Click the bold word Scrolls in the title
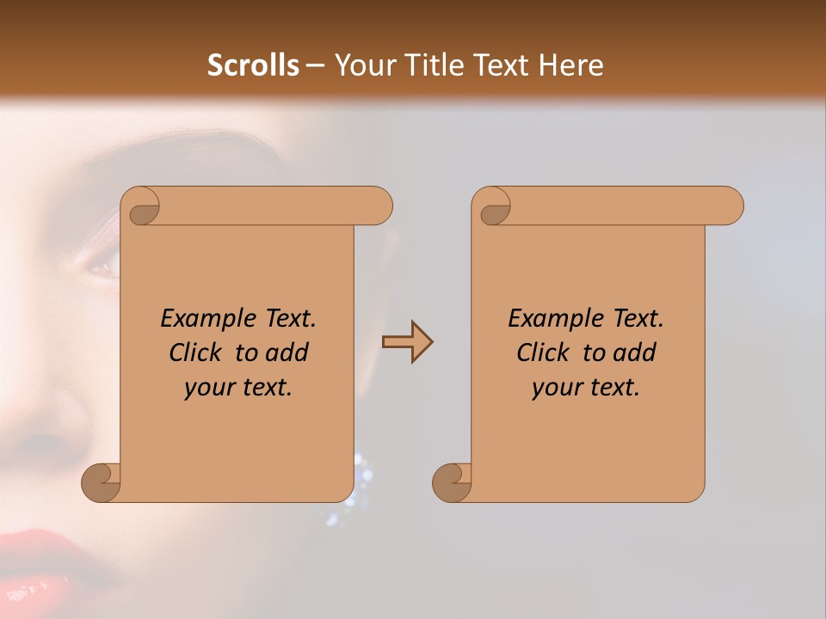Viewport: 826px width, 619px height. tap(253, 65)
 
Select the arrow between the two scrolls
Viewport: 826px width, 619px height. tap(407, 342)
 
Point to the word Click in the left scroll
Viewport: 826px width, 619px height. tap(198, 352)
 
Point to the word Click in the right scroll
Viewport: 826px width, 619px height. tap(546, 352)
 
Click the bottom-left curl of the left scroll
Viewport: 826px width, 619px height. tap(102, 483)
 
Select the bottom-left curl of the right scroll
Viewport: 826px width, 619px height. tap(453, 483)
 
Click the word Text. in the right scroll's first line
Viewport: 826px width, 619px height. tap(638, 318)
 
